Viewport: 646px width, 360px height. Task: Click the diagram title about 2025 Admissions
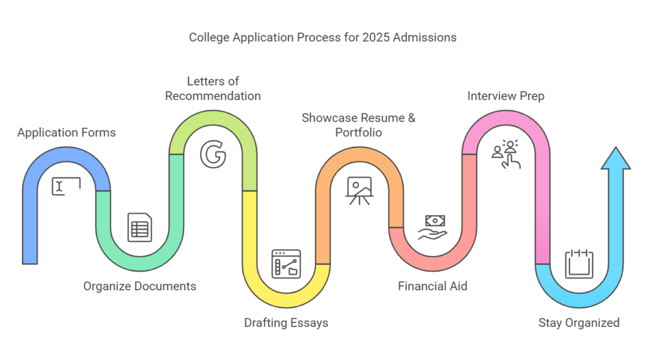coord(322,38)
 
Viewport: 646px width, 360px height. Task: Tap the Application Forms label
coord(66,133)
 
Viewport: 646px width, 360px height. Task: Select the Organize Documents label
coord(139,286)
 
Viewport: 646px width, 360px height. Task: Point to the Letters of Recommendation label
coord(213,89)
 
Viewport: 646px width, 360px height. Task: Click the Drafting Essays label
coord(286,323)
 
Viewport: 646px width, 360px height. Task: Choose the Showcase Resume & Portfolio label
coord(358,125)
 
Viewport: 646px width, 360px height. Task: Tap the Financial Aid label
coord(432,286)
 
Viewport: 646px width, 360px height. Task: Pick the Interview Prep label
coord(506,96)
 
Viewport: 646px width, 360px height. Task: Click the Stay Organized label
coord(578,323)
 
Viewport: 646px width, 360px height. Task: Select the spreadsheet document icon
coord(139,227)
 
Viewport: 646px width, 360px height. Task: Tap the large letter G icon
coord(212,155)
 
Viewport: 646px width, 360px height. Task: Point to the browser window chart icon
coord(286,264)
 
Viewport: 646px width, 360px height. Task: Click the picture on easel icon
coord(358,190)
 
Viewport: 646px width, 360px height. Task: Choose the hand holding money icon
coord(433,228)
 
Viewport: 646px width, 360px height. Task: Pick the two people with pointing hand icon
coord(506,154)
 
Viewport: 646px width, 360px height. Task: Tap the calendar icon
coord(578,263)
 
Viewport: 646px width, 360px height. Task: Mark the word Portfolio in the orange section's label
coord(358,133)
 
